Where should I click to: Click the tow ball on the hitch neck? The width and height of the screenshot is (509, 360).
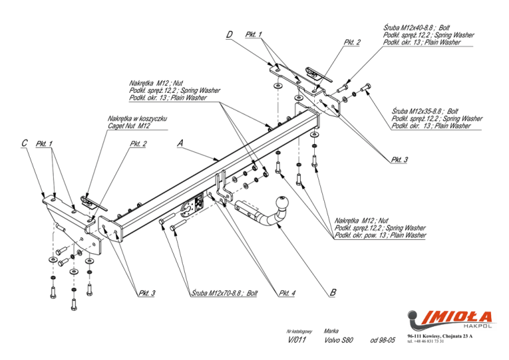pyautogui.click(x=282, y=203)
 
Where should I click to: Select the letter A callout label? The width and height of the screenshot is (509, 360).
pyautogui.click(x=180, y=143)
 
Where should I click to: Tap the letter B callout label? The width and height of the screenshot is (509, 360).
pyautogui.click(x=333, y=292)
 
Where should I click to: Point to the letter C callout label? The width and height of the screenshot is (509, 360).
pyautogui.click(x=25, y=143)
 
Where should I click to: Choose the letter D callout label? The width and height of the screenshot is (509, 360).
pyautogui.click(x=229, y=34)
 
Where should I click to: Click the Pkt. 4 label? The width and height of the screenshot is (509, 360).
pyautogui.click(x=287, y=293)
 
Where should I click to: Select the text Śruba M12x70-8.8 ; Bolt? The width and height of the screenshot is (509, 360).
pyautogui.click(x=224, y=293)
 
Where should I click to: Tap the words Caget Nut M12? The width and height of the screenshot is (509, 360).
pyautogui.click(x=129, y=126)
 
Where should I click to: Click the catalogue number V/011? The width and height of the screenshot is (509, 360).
pyautogui.click(x=297, y=340)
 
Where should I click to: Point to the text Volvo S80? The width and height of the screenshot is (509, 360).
pyautogui.click(x=338, y=340)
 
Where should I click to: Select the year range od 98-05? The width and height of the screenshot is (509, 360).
pyautogui.click(x=382, y=340)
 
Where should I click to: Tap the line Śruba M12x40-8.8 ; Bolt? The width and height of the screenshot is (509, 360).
pyautogui.click(x=416, y=28)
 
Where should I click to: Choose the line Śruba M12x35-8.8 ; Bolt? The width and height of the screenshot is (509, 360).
pyautogui.click(x=425, y=111)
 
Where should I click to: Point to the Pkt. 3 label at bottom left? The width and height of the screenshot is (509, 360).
pyautogui.click(x=147, y=293)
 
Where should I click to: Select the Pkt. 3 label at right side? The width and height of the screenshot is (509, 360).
pyautogui.click(x=399, y=159)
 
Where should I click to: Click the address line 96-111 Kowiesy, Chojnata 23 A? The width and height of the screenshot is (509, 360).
pyautogui.click(x=440, y=336)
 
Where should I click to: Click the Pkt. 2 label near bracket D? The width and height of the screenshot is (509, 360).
pyautogui.click(x=352, y=42)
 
